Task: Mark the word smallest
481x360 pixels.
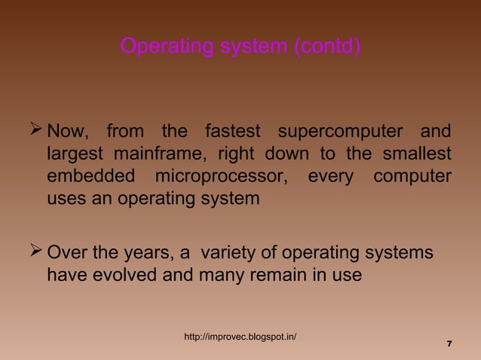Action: pos(418,154)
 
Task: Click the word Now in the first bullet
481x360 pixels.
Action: pos(68,132)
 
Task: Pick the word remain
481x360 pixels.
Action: pos(289,275)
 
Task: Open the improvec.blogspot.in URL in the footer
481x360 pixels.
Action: pos(240,336)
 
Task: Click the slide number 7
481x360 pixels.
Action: pos(449,344)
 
